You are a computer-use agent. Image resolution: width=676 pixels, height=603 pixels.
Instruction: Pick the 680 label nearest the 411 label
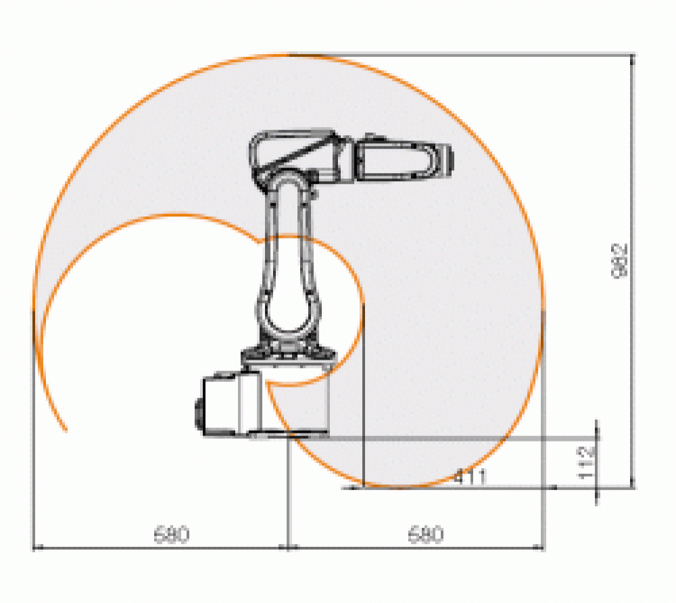[426, 535]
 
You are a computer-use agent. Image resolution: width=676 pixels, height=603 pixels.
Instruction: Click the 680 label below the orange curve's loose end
[171, 535]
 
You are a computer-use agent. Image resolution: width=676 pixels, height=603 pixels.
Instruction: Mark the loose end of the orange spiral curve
[66, 430]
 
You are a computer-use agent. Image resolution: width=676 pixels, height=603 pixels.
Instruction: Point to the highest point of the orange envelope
[289, 53]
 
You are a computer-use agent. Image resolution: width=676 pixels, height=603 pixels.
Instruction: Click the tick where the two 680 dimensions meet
[289, 547]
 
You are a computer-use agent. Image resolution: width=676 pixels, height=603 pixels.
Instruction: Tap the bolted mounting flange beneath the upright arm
[288, 354]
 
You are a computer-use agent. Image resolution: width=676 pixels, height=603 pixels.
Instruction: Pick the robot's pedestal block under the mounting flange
[297, 399]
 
